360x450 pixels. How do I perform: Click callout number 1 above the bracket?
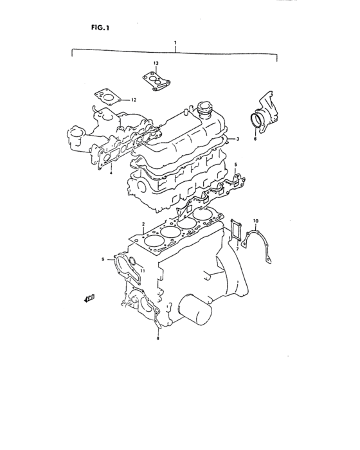175,42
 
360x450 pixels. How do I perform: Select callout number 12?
134,100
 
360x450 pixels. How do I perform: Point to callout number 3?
237,139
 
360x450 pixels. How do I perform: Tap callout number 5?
235,165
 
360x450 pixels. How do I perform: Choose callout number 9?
102,259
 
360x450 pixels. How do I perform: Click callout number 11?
143,271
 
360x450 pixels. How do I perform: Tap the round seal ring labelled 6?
258,121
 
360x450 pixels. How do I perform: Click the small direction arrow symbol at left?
89,298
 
